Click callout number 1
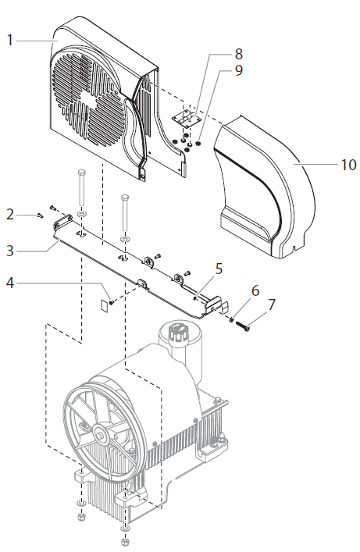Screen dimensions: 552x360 (x=11, y=39)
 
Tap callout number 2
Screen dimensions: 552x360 (x=11, y=213)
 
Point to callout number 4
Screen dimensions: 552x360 (x=11, y=284)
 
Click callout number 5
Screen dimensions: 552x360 (x=219, y=268)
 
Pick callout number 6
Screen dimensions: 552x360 (x=255, y=289)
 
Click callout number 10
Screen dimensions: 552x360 (x=348, y=165)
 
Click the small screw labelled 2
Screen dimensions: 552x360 (x=40, y=214)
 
